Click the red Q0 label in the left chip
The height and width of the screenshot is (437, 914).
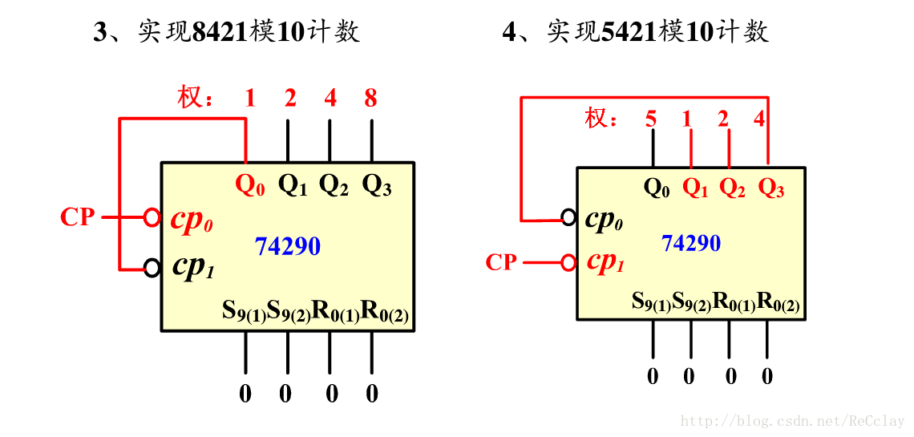click(249, 186)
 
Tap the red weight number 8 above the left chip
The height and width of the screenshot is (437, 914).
click(370, 99)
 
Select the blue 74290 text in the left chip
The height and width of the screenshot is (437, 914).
click(288, 246)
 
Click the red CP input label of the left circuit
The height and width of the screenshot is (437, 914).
click(78, 216)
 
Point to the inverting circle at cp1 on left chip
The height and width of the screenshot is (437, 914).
click(152, 268)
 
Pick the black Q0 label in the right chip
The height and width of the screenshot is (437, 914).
click(657, 188)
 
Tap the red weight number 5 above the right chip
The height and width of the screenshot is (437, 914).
click(651, 119)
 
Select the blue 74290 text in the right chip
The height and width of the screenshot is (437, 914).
click(691, 242)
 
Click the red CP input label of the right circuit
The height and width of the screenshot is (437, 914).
click(501, 262)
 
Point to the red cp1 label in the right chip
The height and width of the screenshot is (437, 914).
click(605, 262)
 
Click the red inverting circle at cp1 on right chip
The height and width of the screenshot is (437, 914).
click(568, 262)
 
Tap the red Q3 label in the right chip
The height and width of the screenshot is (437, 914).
click(771, 188)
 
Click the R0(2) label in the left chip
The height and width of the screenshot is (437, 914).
click(386, 311)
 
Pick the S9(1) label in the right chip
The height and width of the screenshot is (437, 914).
click(651, 302)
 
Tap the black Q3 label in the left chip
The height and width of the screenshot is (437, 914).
click(377, 186)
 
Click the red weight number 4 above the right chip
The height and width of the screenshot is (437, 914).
click(759, 119)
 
